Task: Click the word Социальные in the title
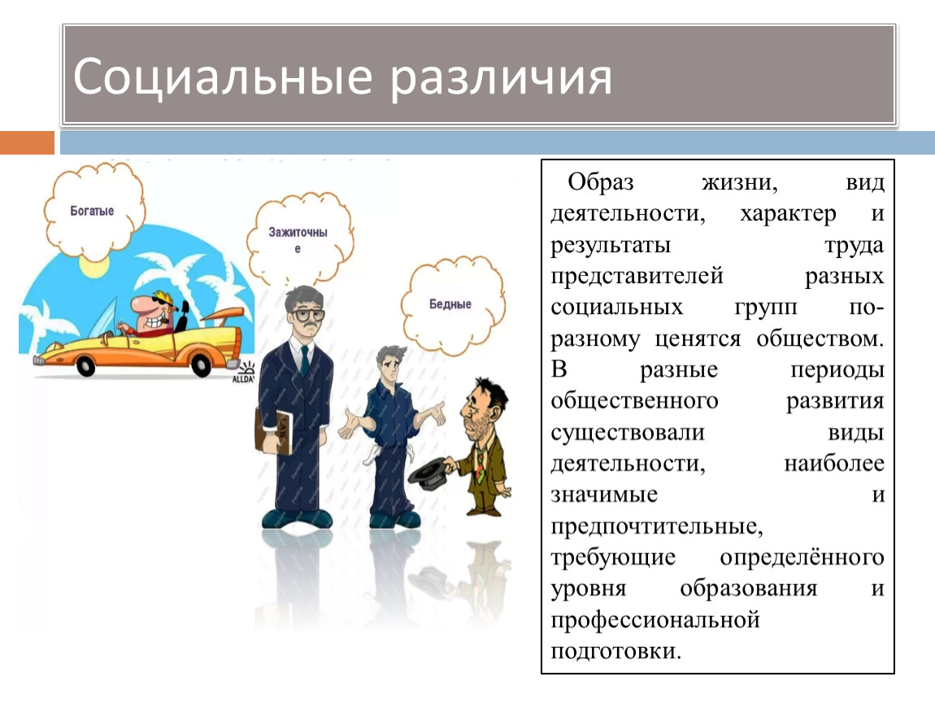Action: [x=223, y=76]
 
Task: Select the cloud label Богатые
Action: [x=92, y=211]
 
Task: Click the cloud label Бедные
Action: [x=450, y=303]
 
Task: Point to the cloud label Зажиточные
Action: [x=298, y=239]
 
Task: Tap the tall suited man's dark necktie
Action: [x=305, y=361]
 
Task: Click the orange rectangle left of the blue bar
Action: [x=27, y=142]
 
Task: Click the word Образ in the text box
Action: [x=601, y=182]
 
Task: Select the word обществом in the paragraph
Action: [x=820, y=339]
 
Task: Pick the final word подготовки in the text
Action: [x=615, y=651]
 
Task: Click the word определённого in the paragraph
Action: [x=802, y=558]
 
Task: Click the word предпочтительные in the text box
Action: [x=656, y=527]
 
